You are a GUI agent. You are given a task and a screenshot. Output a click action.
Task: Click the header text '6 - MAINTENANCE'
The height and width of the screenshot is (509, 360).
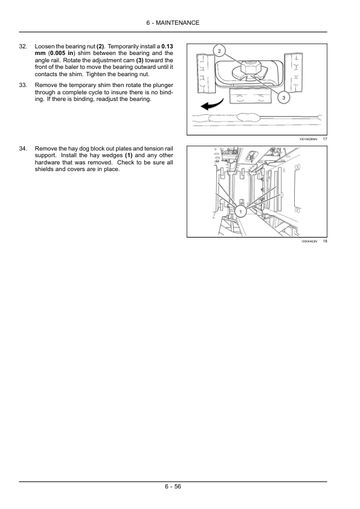173,23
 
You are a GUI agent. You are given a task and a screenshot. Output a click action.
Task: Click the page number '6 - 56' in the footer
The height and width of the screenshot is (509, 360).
173,486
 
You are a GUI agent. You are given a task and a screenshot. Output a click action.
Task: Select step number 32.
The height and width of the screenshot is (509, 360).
23,47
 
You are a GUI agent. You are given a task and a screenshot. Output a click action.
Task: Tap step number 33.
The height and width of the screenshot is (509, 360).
23,85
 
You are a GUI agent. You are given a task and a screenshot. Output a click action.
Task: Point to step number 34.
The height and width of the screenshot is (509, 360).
23,149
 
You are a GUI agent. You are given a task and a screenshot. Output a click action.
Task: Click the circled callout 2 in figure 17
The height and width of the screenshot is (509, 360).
219,51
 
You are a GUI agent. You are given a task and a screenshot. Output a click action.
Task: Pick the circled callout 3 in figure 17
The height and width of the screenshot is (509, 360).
284,97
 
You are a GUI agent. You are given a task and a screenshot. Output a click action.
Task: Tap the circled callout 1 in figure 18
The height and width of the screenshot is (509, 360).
240,212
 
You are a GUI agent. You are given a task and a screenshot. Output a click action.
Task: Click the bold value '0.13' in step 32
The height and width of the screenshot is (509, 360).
167,47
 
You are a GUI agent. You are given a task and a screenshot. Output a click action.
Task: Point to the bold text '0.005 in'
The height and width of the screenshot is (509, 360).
61,53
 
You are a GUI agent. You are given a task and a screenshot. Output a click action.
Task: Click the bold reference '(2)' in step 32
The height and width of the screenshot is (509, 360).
100,47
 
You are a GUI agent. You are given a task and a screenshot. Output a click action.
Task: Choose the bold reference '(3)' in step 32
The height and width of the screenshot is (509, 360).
140,60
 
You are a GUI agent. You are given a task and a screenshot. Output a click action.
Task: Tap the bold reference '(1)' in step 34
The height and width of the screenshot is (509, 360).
129,155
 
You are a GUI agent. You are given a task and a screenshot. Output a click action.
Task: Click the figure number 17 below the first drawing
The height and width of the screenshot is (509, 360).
325,139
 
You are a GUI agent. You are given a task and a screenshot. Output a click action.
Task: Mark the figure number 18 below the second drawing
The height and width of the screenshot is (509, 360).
325,241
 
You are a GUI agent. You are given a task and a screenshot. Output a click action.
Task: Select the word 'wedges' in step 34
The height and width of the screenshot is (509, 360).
112,156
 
